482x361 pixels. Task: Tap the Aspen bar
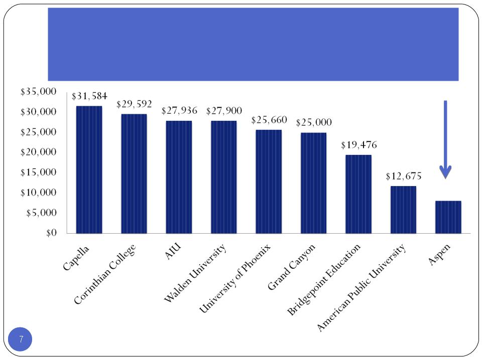click(448, 217)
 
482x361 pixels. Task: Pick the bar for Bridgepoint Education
click(358, 194)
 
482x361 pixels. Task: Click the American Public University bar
click(403, 210)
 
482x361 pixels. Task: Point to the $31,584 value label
click(89, 96)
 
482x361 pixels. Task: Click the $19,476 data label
click(358, 145)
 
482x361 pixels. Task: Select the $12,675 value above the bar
click(403, 176)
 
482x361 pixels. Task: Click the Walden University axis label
click(196, 273)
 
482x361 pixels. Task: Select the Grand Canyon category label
click(292, 267)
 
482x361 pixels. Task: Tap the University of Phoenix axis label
click(235, 278)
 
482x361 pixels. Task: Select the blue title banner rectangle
click(253, 44)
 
